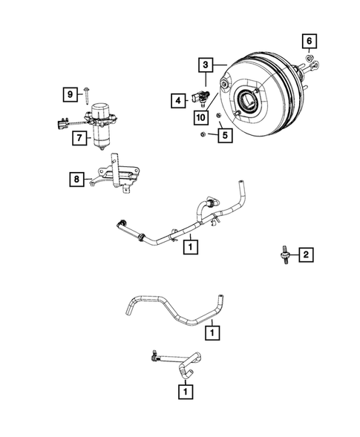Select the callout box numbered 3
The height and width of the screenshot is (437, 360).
tap(206, 66)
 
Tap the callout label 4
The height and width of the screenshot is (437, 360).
tap(177, 99)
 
